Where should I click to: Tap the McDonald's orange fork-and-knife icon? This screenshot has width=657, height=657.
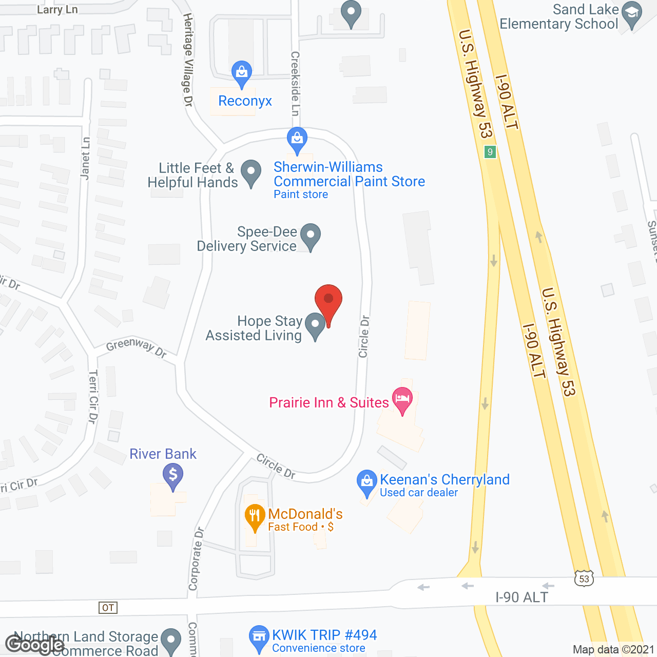[x=255, y=517]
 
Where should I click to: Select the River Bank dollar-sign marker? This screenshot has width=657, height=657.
[x=173, y=475]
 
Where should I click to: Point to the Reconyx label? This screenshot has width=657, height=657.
[x=245, y=101]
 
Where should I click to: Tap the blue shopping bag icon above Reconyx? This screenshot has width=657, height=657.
[x=241, y=73]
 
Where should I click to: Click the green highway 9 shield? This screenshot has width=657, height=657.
[x=490, y=152]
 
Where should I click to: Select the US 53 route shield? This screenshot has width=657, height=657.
[x=584, y=579]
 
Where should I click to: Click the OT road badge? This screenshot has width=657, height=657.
[x=108, y=608]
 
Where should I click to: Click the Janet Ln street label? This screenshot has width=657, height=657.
[x=85, y=159]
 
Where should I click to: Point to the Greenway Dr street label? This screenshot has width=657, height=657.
[x=136, y=347]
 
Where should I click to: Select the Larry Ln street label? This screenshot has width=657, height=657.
[x=57, y=10]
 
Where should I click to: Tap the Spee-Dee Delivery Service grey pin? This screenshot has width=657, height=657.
[x=310, y=236]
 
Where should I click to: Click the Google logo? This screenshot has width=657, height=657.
[x=35, y=644]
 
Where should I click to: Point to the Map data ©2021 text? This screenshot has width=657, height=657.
[x=613, y=649]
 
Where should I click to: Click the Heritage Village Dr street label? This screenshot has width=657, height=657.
[x=188, y=60]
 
